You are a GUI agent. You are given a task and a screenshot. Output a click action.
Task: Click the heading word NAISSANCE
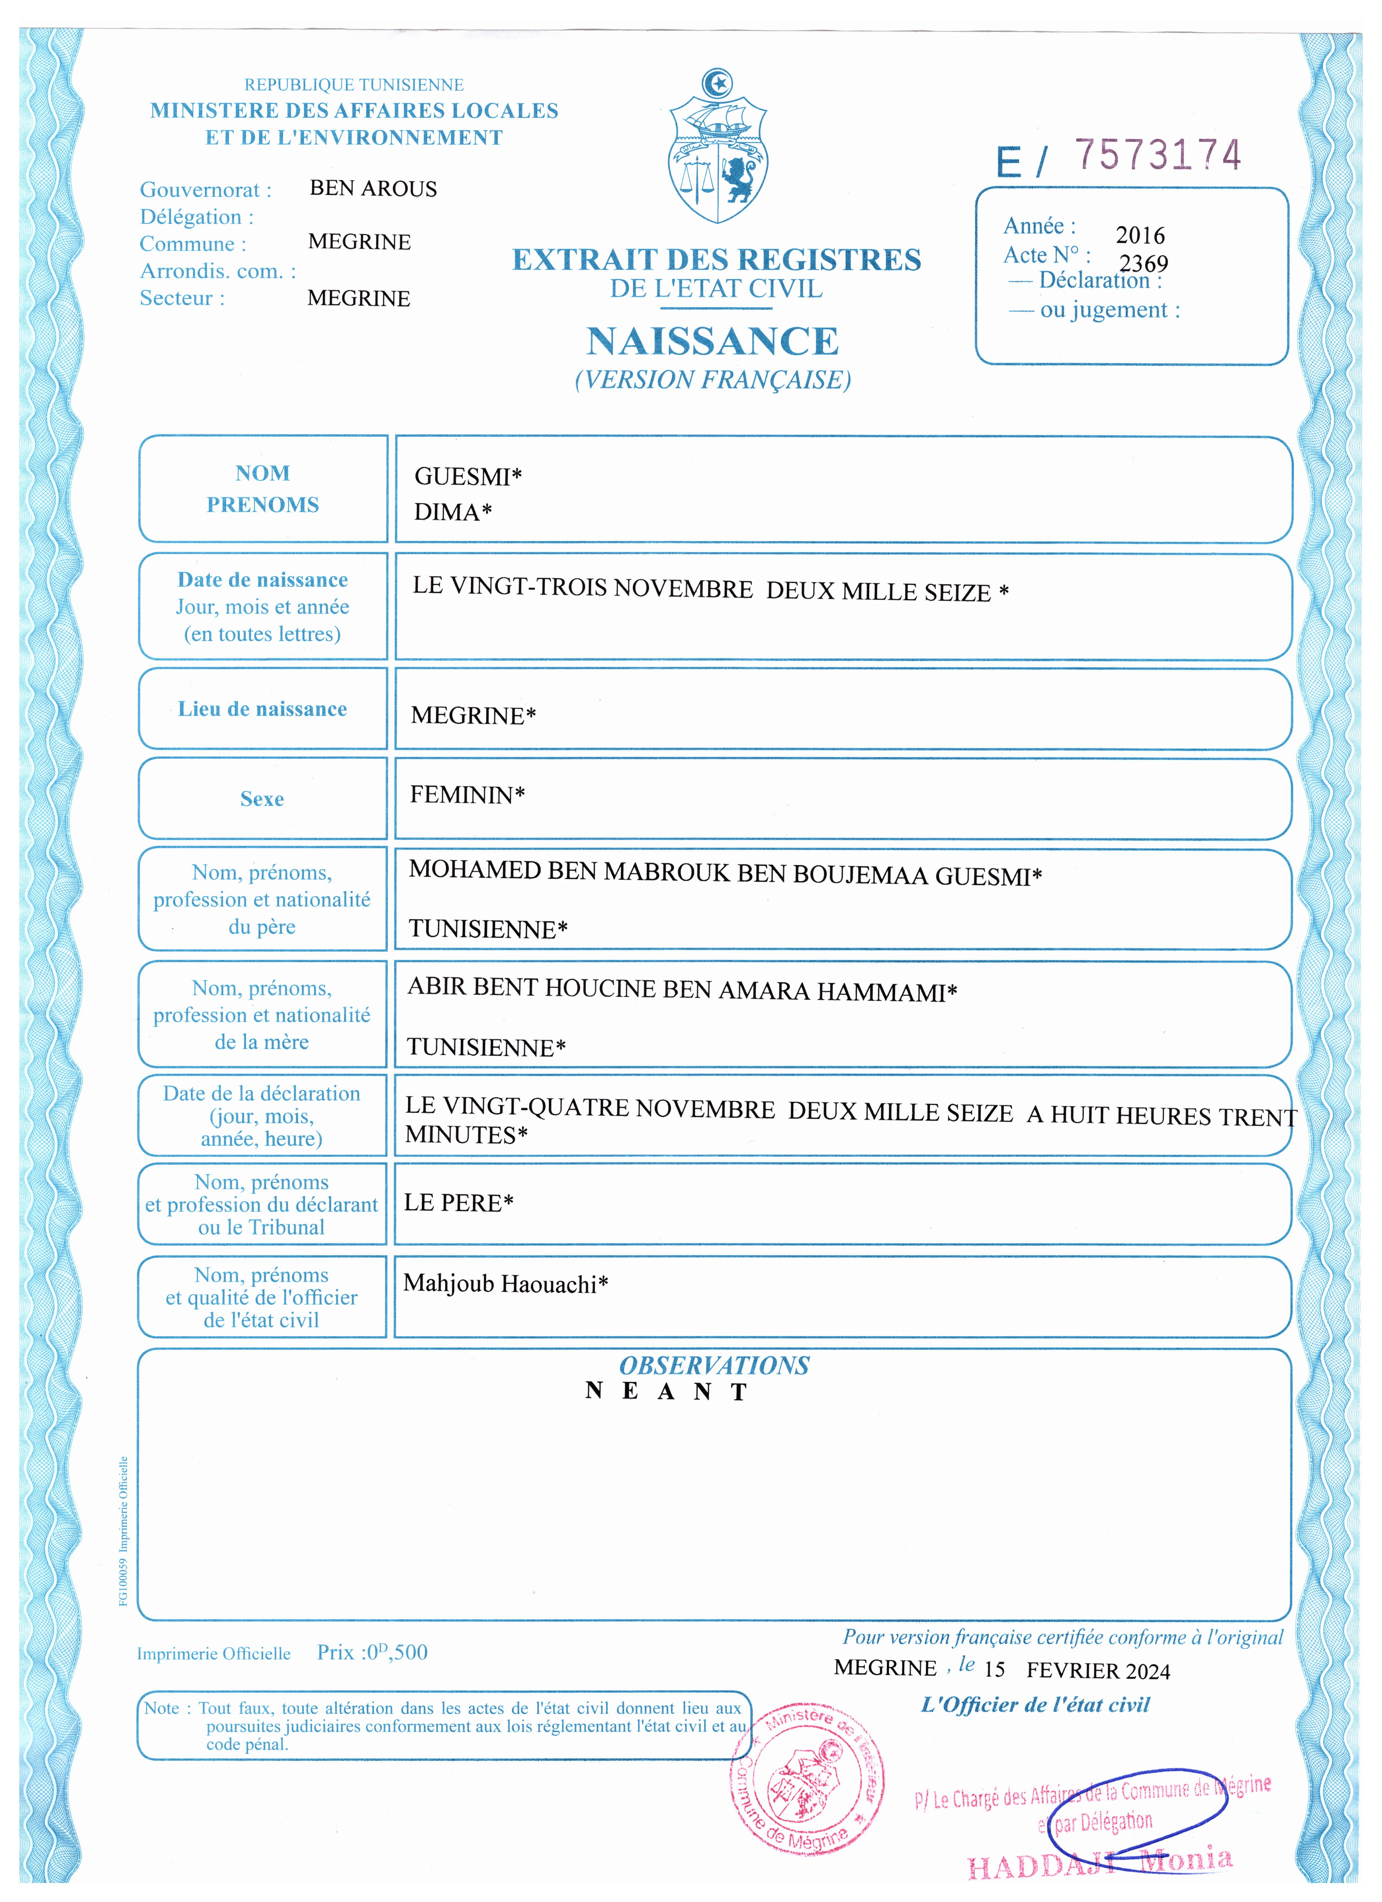click(713, 341)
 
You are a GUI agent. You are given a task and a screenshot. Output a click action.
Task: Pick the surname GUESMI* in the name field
click(468, 476)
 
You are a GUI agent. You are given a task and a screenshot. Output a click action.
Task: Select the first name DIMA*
click(453, 512)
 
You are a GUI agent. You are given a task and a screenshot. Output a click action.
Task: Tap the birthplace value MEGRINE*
click(473, 715)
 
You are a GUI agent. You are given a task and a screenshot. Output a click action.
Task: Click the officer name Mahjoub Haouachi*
click(506, 1283)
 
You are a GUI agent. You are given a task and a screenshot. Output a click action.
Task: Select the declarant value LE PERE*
click(459, 1203)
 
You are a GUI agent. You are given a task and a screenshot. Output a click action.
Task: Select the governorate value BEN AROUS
click(373, 189)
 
